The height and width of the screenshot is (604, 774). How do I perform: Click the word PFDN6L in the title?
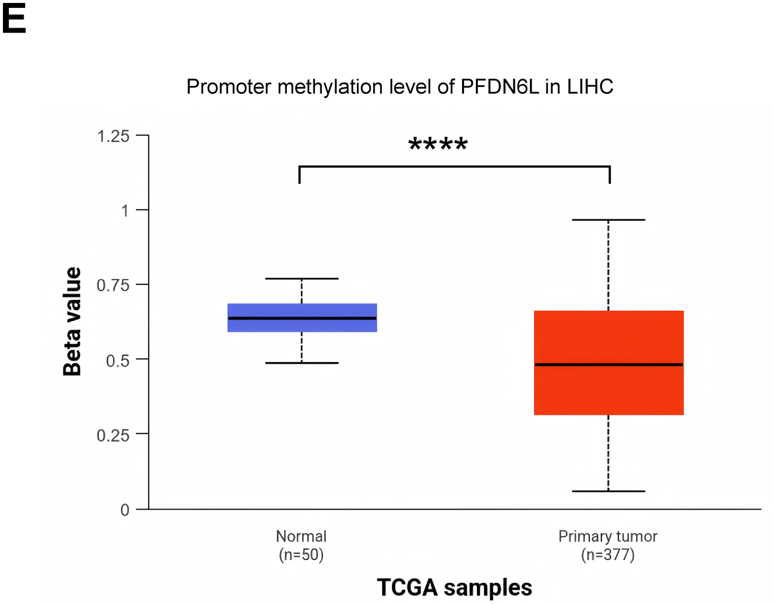coord(499,87)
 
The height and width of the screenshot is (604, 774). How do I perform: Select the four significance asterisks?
coord(438,145)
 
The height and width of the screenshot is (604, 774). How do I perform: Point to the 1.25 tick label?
coord(113,136)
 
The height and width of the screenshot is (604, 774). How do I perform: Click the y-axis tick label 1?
coord(125,211)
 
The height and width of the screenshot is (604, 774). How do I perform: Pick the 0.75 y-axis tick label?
coord(113,285)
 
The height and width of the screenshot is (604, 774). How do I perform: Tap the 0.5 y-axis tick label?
coord(118,360)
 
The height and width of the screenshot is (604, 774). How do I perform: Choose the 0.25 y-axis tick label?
coord(113,435)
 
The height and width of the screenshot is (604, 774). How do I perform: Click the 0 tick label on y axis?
coord(125,510)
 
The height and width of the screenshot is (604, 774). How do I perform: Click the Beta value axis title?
coord(72,322)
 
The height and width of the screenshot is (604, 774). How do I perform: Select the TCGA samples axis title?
coord(454,588)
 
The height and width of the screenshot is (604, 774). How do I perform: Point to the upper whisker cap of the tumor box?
coord(609,220)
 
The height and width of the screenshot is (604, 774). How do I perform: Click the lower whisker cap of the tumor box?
coord(609,491)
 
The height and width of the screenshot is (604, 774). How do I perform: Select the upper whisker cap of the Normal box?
coord(302,278)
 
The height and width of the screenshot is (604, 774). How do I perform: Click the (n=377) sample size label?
coord(608,554)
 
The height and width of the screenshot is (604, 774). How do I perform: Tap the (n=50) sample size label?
coord(301,554)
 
